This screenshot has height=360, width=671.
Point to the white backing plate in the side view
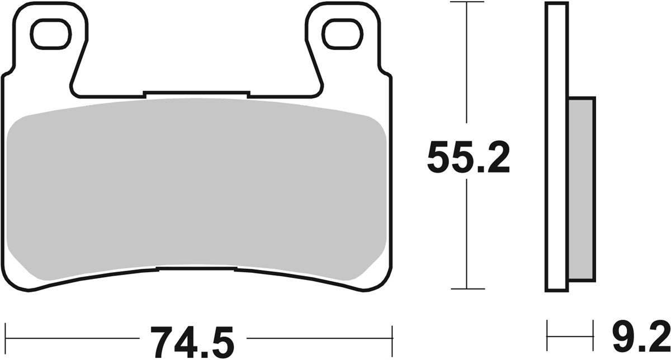point(556,148)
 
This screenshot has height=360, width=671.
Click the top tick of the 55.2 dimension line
point(467,3)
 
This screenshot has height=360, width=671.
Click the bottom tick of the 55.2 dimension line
point(467,289)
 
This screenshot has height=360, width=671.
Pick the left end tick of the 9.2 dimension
point(547,336)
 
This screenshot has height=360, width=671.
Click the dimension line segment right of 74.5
point(319,339)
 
